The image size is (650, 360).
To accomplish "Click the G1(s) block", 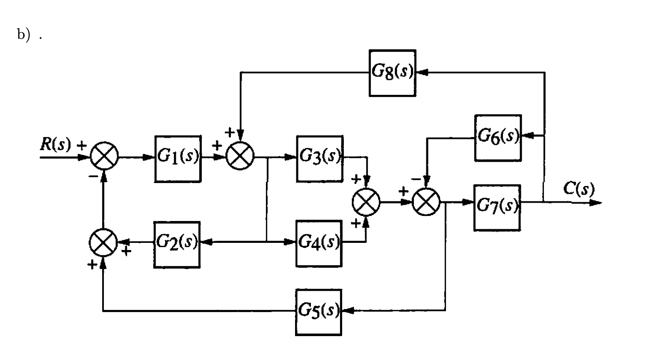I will click(178, 159).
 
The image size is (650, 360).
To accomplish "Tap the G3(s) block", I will click(320, 159).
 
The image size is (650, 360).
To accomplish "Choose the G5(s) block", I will click(319, 312).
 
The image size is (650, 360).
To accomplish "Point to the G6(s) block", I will click(498, 138).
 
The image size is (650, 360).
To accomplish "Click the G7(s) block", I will click(497, 208).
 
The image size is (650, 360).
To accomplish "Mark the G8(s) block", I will click(392, 73).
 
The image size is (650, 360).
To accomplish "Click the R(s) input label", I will click(55, 145).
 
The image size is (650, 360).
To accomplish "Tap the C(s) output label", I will click(579, 188).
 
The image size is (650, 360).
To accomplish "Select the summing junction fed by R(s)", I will click(104, 156).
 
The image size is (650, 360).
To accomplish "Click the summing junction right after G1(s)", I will click(240, 156).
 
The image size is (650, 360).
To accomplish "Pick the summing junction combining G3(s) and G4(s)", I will click(366, 202).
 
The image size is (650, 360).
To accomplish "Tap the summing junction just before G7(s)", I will click(426, 202).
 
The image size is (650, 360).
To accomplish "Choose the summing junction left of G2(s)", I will click(103, 242).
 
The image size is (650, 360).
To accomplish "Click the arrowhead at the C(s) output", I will click(595, 202).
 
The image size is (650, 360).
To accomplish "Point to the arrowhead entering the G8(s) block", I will click(421, 73).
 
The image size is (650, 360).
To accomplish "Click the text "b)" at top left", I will click(24, 35).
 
